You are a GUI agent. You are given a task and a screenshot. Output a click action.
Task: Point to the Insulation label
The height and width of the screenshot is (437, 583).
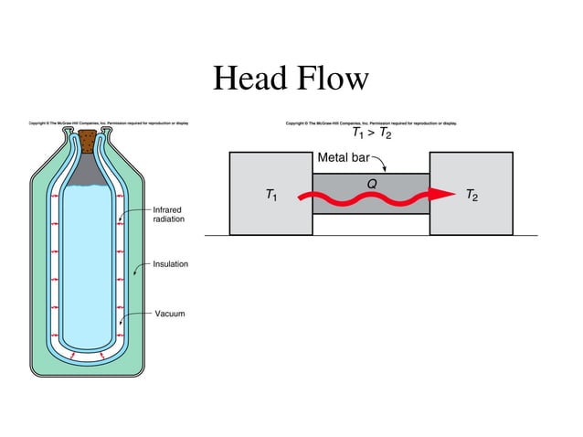[170, 264]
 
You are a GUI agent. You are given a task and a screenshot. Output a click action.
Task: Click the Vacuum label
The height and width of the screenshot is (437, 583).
[168, 314]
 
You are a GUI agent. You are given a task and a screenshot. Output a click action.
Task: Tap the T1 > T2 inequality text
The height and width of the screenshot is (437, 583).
[372, 135]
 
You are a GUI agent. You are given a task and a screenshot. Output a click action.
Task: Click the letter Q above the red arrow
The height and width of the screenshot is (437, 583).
[372, 182]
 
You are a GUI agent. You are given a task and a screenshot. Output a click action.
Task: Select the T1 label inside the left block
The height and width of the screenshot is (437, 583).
[271, 195]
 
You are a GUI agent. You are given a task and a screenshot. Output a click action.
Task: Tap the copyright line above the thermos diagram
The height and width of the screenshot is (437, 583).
[109, 122]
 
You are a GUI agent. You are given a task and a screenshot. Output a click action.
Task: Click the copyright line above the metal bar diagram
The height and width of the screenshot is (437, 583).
[372, 122]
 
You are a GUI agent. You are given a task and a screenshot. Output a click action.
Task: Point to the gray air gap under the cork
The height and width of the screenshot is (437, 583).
[88, 169]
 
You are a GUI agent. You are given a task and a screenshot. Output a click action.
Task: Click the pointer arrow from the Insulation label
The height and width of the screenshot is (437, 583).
[137, 269]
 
